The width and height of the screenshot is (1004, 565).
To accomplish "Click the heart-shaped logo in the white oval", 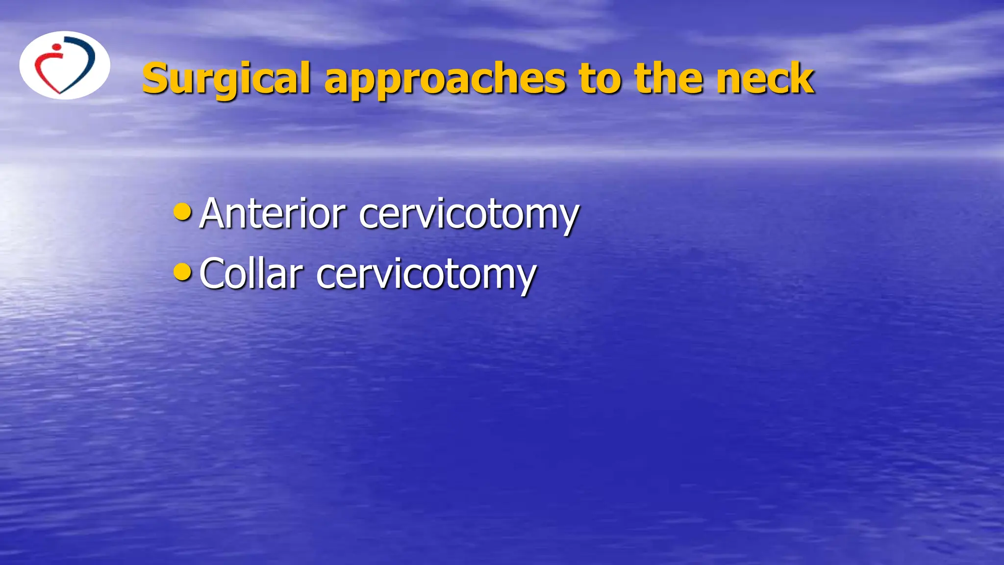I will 65,65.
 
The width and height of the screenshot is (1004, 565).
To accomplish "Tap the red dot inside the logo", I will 57,48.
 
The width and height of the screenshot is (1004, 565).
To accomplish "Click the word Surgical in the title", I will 226,78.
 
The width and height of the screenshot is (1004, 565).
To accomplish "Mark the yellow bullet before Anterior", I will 182,212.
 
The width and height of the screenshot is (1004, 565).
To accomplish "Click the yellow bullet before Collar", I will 182,272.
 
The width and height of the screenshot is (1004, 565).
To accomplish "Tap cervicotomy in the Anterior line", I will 469,215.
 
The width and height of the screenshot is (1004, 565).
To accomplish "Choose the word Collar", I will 251,274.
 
